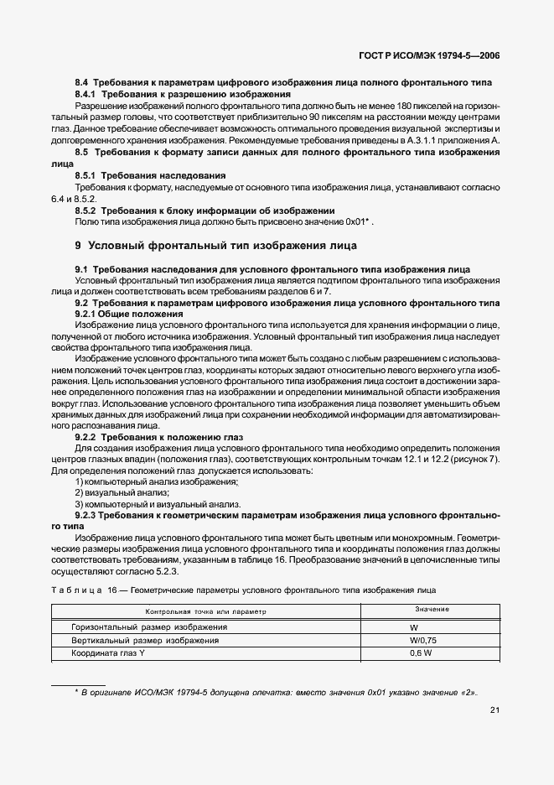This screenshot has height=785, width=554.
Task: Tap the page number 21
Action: pos(495,710)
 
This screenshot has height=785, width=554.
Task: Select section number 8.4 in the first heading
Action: pos(82,82)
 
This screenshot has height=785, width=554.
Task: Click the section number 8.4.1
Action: pos(87,94)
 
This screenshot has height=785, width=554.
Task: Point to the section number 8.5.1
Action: pos(87,174)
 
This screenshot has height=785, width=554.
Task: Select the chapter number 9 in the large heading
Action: pos(79,246)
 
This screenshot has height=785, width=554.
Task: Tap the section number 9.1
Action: pos(82,268)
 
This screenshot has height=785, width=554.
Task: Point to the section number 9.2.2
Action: pos(87,437)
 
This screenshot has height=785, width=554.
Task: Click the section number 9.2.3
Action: pos(87,515)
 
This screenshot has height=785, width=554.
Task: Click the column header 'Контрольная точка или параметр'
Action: pos(205,611)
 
